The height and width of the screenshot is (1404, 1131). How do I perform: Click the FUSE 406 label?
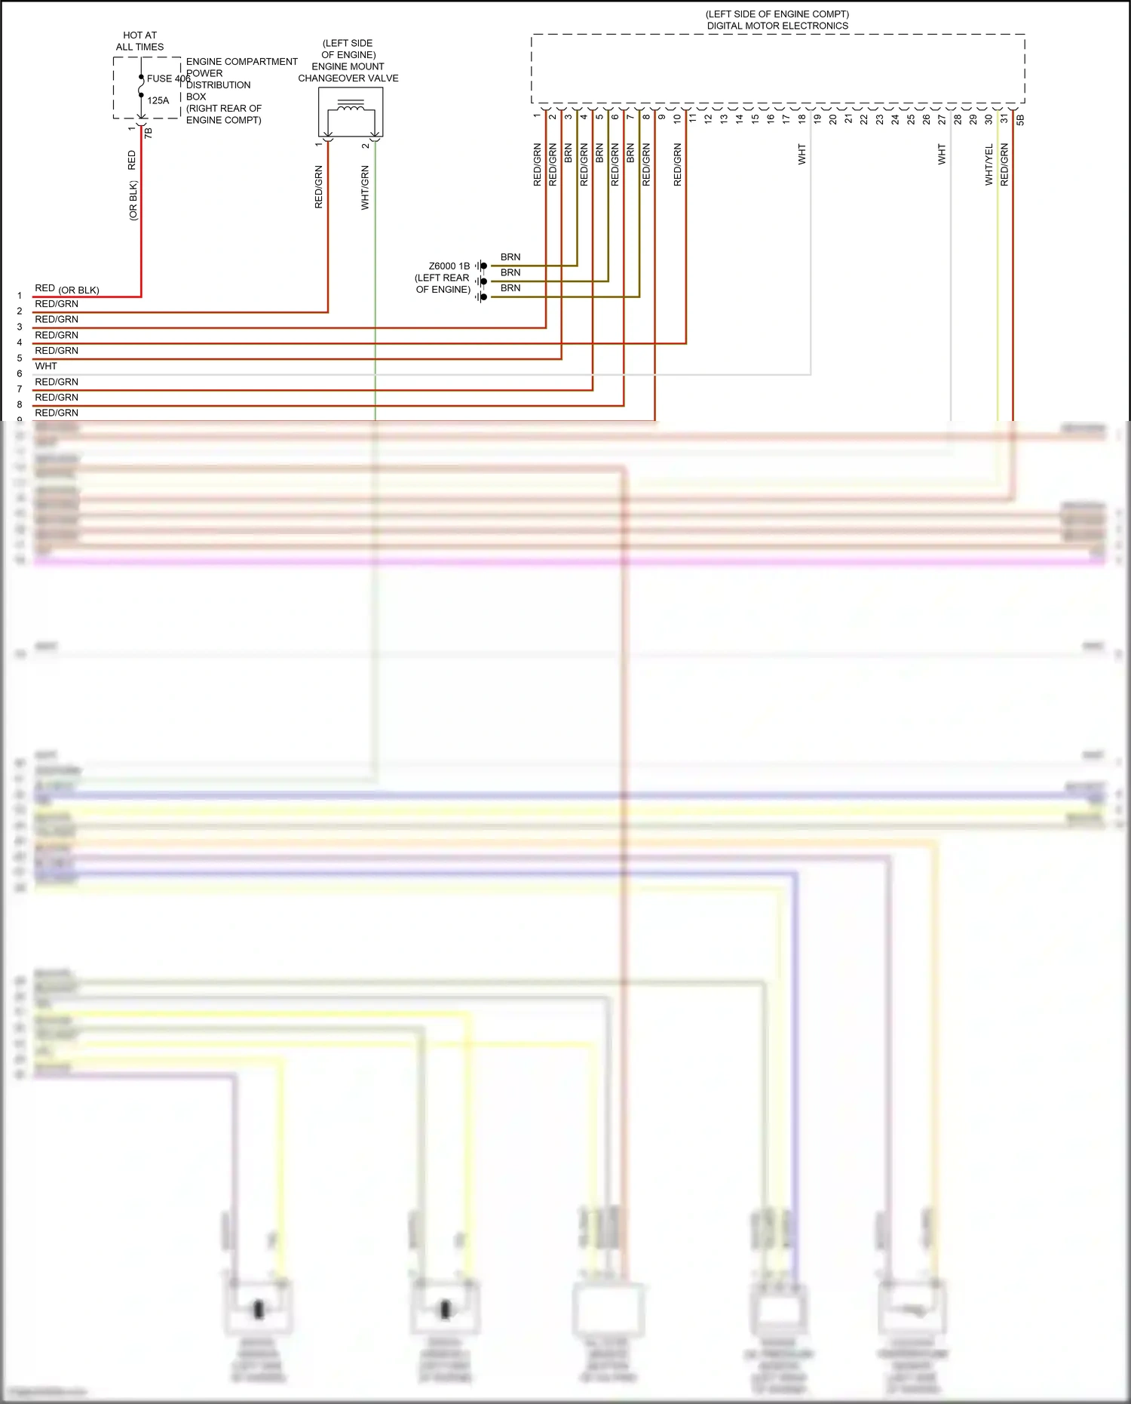point(168,78)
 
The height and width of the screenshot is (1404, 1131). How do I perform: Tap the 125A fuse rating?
point(158,100)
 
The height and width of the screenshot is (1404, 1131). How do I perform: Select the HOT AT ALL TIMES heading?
point(139,41)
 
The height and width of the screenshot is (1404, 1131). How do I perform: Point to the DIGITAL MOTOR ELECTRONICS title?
point(777,26)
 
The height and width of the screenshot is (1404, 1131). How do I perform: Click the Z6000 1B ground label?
point(449,266)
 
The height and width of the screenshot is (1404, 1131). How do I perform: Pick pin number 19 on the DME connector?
point(817,118)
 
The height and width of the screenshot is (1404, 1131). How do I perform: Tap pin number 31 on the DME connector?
point(1004,118)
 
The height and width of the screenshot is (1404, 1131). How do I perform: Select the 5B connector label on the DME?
point(1020,119)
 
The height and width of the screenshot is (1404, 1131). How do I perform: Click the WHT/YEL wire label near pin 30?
point(988,164)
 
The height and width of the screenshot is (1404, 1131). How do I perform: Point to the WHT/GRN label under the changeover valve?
point(365,188)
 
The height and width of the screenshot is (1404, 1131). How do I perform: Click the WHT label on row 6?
point(46,366)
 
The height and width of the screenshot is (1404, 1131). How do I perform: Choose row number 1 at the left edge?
point(20,296)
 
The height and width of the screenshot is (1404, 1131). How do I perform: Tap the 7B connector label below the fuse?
point(148,133)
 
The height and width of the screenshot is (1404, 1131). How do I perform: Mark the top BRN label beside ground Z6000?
point(510,257)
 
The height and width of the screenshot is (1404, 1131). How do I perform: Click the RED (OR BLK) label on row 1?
point(66,289)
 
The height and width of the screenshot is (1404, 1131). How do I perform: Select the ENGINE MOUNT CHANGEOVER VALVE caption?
point(348,72)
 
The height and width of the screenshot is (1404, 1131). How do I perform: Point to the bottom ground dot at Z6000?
point(483,297)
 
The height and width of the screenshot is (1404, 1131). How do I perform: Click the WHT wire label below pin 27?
point(941,154)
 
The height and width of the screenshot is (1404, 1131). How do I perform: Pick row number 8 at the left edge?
point(20,404)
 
